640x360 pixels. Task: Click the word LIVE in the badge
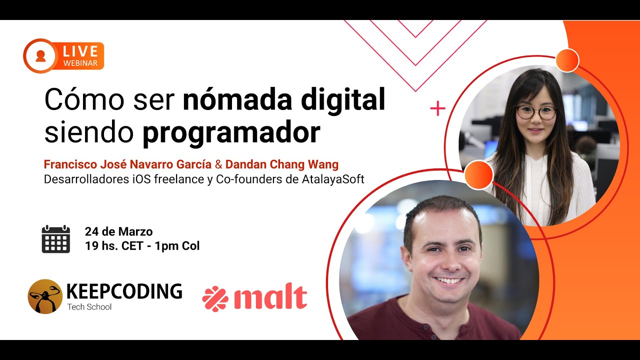80,51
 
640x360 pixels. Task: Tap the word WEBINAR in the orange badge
80,63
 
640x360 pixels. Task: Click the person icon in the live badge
40,55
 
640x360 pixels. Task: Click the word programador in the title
231,132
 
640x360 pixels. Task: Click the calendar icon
55,239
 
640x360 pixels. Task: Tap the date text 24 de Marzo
118,231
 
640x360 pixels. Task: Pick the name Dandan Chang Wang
282,164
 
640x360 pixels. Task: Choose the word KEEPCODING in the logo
124,291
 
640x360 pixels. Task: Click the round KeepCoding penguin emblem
45,296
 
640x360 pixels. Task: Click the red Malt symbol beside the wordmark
215,299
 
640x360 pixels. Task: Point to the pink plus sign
437,108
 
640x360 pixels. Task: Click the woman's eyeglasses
535,112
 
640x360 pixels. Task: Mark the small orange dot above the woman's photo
567,60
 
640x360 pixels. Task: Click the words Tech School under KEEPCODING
89,307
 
